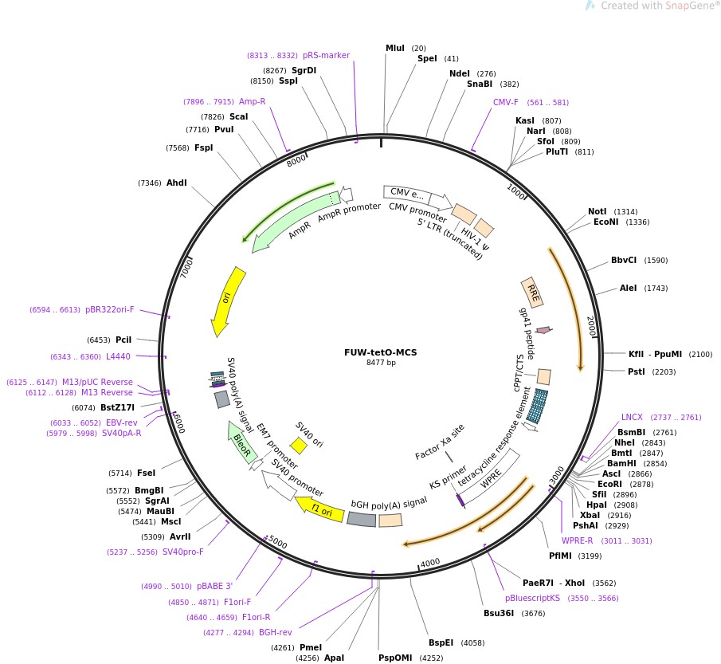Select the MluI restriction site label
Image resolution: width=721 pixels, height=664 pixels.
coord(395,49)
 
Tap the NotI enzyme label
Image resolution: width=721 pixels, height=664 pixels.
coord(598,211)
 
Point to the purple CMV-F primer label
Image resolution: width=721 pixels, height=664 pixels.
coord(505,102)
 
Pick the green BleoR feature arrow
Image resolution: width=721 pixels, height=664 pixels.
coord(240,442)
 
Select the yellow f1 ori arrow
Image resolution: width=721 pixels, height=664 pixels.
coord(319,509)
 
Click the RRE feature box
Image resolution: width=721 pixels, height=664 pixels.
coord(532,293)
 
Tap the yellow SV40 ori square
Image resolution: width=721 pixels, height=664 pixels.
coord(298,445)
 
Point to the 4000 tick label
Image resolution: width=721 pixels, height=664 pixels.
coord(430,562)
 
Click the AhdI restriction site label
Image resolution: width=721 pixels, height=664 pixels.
coord(176,183)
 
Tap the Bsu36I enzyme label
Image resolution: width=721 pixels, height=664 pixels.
coord(500,613)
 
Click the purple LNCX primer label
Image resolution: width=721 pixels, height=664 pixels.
coord(632,417)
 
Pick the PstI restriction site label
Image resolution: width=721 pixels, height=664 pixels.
coord(637,371)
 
